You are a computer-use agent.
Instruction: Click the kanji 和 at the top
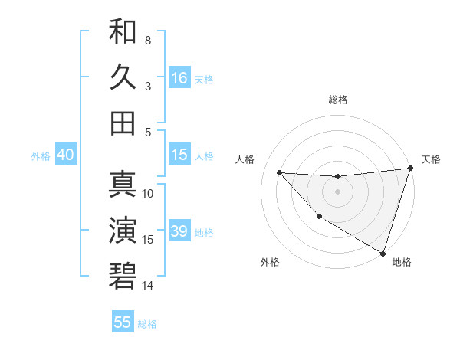tap(123, 32)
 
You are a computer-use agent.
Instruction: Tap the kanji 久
tap(123, 77)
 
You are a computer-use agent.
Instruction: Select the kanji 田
tap(123, 123)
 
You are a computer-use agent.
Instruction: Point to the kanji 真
tap(123, 185)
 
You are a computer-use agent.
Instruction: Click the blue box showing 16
tap(179, 78)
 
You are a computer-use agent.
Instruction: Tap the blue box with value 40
tap(65, 155)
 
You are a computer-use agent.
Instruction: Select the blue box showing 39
tap(179, 232)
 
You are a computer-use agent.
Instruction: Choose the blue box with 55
tap(123, 322)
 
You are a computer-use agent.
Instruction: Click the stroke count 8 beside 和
tap(148, 40)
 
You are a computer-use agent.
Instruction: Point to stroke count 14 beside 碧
tap(148, 286)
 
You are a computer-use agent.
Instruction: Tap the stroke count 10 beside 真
tap(148, 193)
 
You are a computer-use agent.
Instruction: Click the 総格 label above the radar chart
tap(337, 100)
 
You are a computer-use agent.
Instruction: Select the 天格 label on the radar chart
tap(431, 159)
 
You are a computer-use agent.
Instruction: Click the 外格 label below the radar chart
tap(270, 262)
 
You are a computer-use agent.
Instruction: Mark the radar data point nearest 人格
tap(280, 172)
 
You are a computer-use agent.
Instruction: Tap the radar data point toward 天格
tap(410, 169)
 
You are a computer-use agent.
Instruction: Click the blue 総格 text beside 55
tap(147, 324)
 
